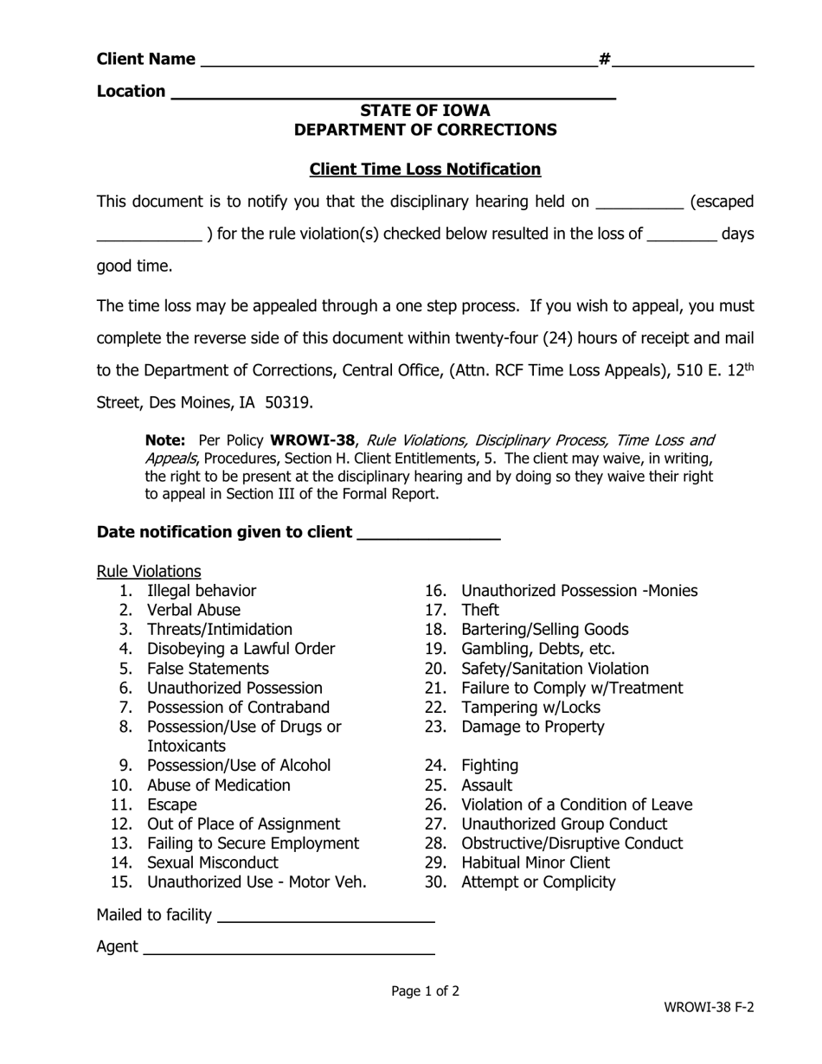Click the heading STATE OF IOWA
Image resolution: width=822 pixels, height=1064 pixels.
425,111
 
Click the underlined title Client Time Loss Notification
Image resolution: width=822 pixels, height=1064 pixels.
425,170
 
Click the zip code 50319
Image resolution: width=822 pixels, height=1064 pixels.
288,402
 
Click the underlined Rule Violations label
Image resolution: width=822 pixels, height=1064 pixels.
149,572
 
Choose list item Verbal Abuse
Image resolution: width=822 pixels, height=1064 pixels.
194,611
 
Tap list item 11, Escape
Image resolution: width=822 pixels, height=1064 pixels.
172,805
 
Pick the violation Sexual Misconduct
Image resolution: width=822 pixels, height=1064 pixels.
213,863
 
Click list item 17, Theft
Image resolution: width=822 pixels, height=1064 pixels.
480,611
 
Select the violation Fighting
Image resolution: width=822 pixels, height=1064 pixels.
490,766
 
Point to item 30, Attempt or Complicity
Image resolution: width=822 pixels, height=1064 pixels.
538,883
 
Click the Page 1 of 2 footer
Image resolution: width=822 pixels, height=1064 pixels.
425,992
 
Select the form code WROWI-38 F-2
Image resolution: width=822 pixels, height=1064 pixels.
709,1008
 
